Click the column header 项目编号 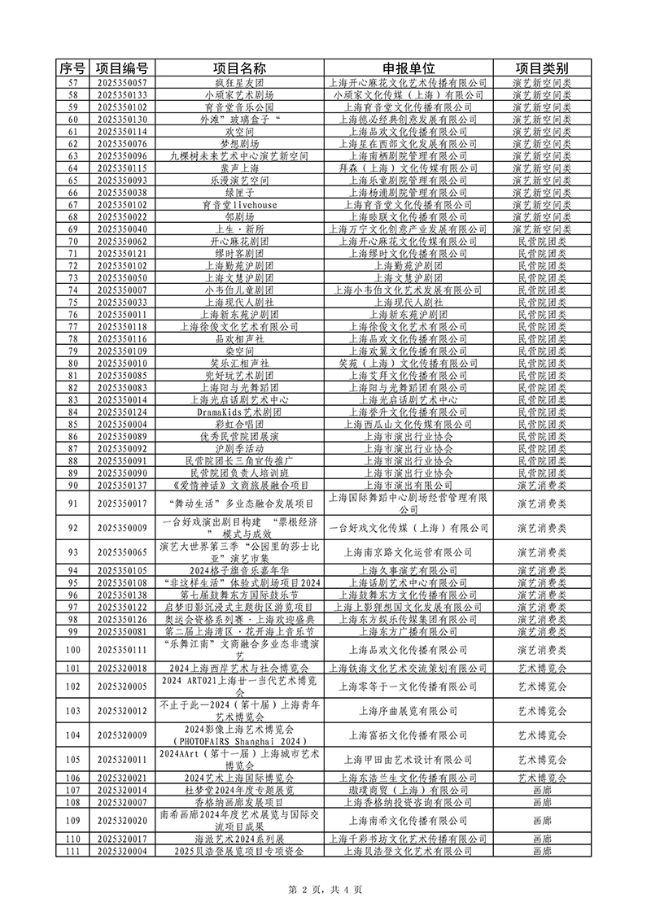point(121,68)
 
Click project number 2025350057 point(121,83)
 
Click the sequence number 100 point(72,649)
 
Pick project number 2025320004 point(121,851)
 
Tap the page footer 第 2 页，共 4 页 point(325,889)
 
